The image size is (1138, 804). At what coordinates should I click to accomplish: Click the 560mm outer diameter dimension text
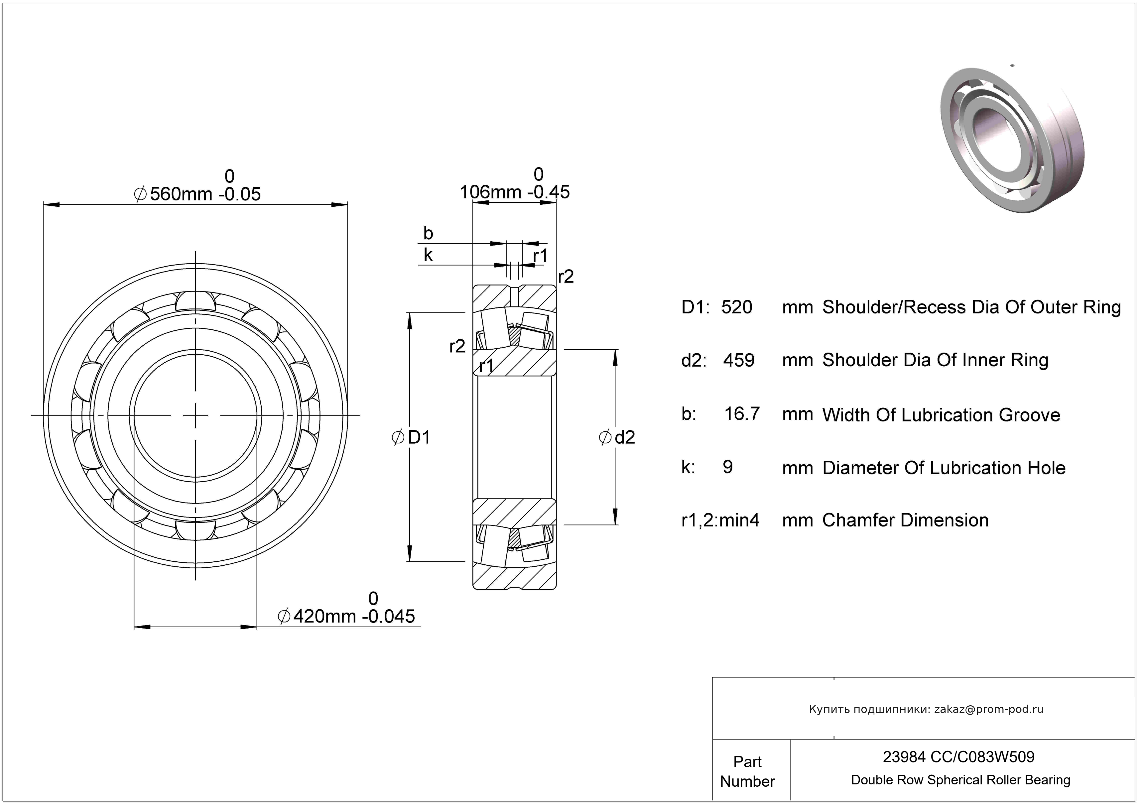tap(197, 194)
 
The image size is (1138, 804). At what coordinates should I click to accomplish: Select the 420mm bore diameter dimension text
tap(347, 616)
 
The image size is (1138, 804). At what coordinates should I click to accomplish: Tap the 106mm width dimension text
tap(515, 192)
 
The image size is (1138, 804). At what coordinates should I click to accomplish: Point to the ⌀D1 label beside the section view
tap(411, 437)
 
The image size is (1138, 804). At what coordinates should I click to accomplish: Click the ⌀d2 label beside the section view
tap(617, 437)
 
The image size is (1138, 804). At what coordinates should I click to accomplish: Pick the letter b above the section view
tap(428, 233)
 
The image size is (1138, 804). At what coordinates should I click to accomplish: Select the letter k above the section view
tap(428, 255)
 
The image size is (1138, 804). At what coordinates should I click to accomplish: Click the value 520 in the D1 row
tap(736, 307)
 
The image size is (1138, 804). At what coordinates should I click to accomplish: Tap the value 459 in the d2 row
tap(738, 360)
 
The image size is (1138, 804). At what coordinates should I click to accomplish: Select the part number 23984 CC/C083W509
tap(958, 757)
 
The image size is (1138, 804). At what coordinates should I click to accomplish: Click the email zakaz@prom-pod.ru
tap(988, 709)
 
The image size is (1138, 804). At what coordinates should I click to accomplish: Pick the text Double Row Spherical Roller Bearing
tap(960, 780)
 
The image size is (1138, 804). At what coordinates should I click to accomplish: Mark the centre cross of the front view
tap(196, 415)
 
